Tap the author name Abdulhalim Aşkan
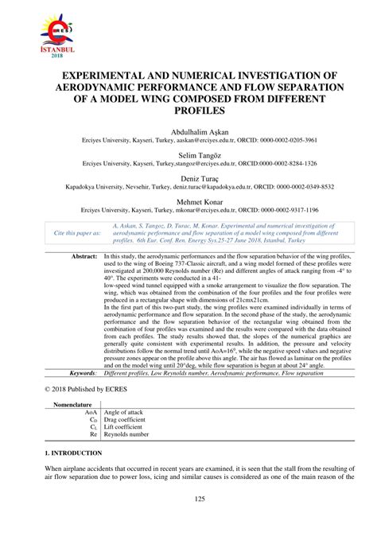coord(188,130)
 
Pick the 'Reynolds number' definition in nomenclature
coord(130,436)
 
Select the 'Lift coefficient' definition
coord(128,429)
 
